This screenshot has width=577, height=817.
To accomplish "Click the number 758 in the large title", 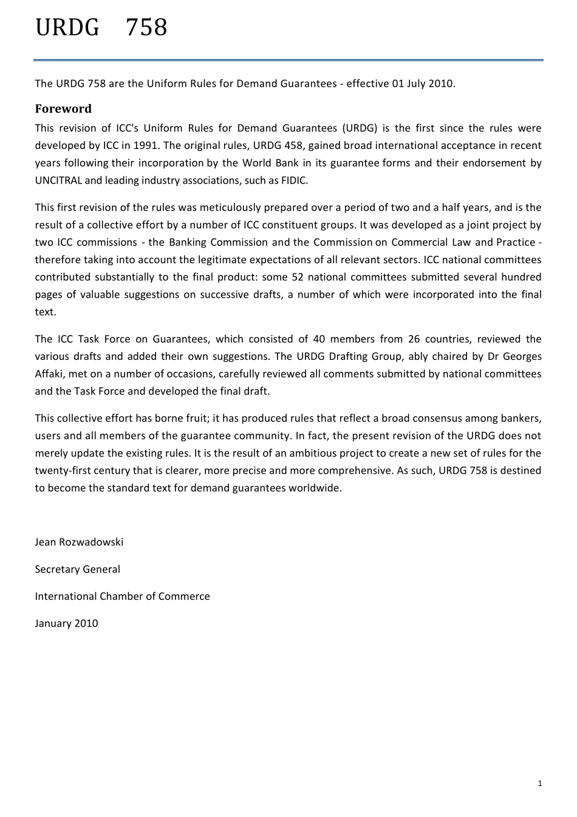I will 146,28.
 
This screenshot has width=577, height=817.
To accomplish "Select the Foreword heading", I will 63,109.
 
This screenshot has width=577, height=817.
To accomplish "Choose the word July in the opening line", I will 415,83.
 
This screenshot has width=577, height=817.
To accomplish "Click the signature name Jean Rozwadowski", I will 79,542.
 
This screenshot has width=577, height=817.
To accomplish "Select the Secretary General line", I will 77,570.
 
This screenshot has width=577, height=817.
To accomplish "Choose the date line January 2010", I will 66,624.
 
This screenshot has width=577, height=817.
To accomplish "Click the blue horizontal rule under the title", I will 288,60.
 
